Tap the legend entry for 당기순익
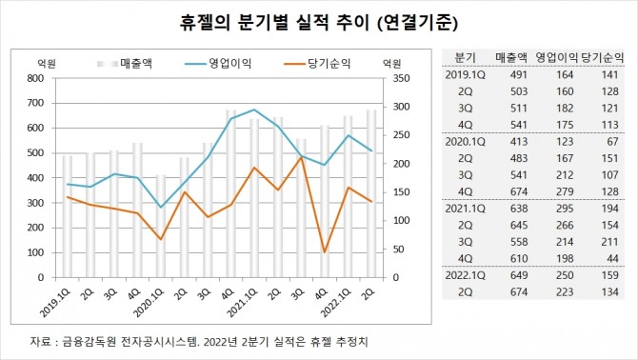click(320, 64)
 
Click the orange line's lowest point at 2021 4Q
click(326, 252)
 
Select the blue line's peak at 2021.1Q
click(253, 110)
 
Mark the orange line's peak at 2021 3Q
click(302, 157)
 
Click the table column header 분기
click(466, 57)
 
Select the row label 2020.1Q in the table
click(466, 141)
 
